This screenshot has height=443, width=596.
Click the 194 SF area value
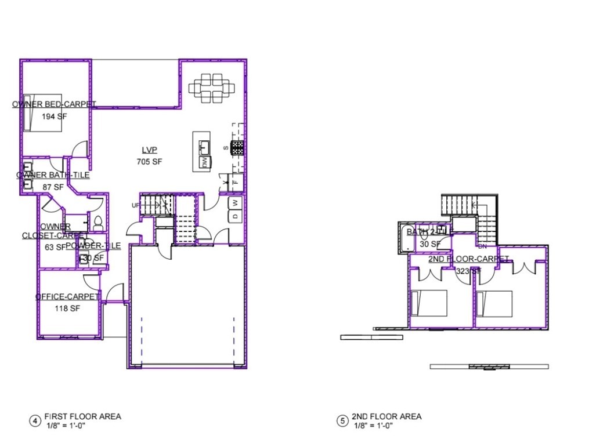tap(52, 116)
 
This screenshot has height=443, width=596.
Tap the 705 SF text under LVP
tap(149, 162)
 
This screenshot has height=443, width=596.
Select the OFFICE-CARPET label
tap(67, 297)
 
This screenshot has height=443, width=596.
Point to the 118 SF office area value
tap(67, 308)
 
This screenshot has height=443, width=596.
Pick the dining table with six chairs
tap(212, 88)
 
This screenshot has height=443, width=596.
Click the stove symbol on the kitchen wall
tap(237, 148)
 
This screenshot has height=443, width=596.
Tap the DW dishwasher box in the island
tap(204, 162)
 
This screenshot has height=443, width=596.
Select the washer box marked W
tap(236, 202)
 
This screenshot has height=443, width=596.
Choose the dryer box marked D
tap(236, 216)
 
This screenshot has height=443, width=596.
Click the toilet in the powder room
tap(97, 221)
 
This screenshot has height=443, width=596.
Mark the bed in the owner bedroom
tap(42, 112)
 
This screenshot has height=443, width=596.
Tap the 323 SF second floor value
tap(468, 271)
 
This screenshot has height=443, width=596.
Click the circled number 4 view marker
tap(35, 420)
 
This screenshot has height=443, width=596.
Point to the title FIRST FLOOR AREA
tap(82, 416)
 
